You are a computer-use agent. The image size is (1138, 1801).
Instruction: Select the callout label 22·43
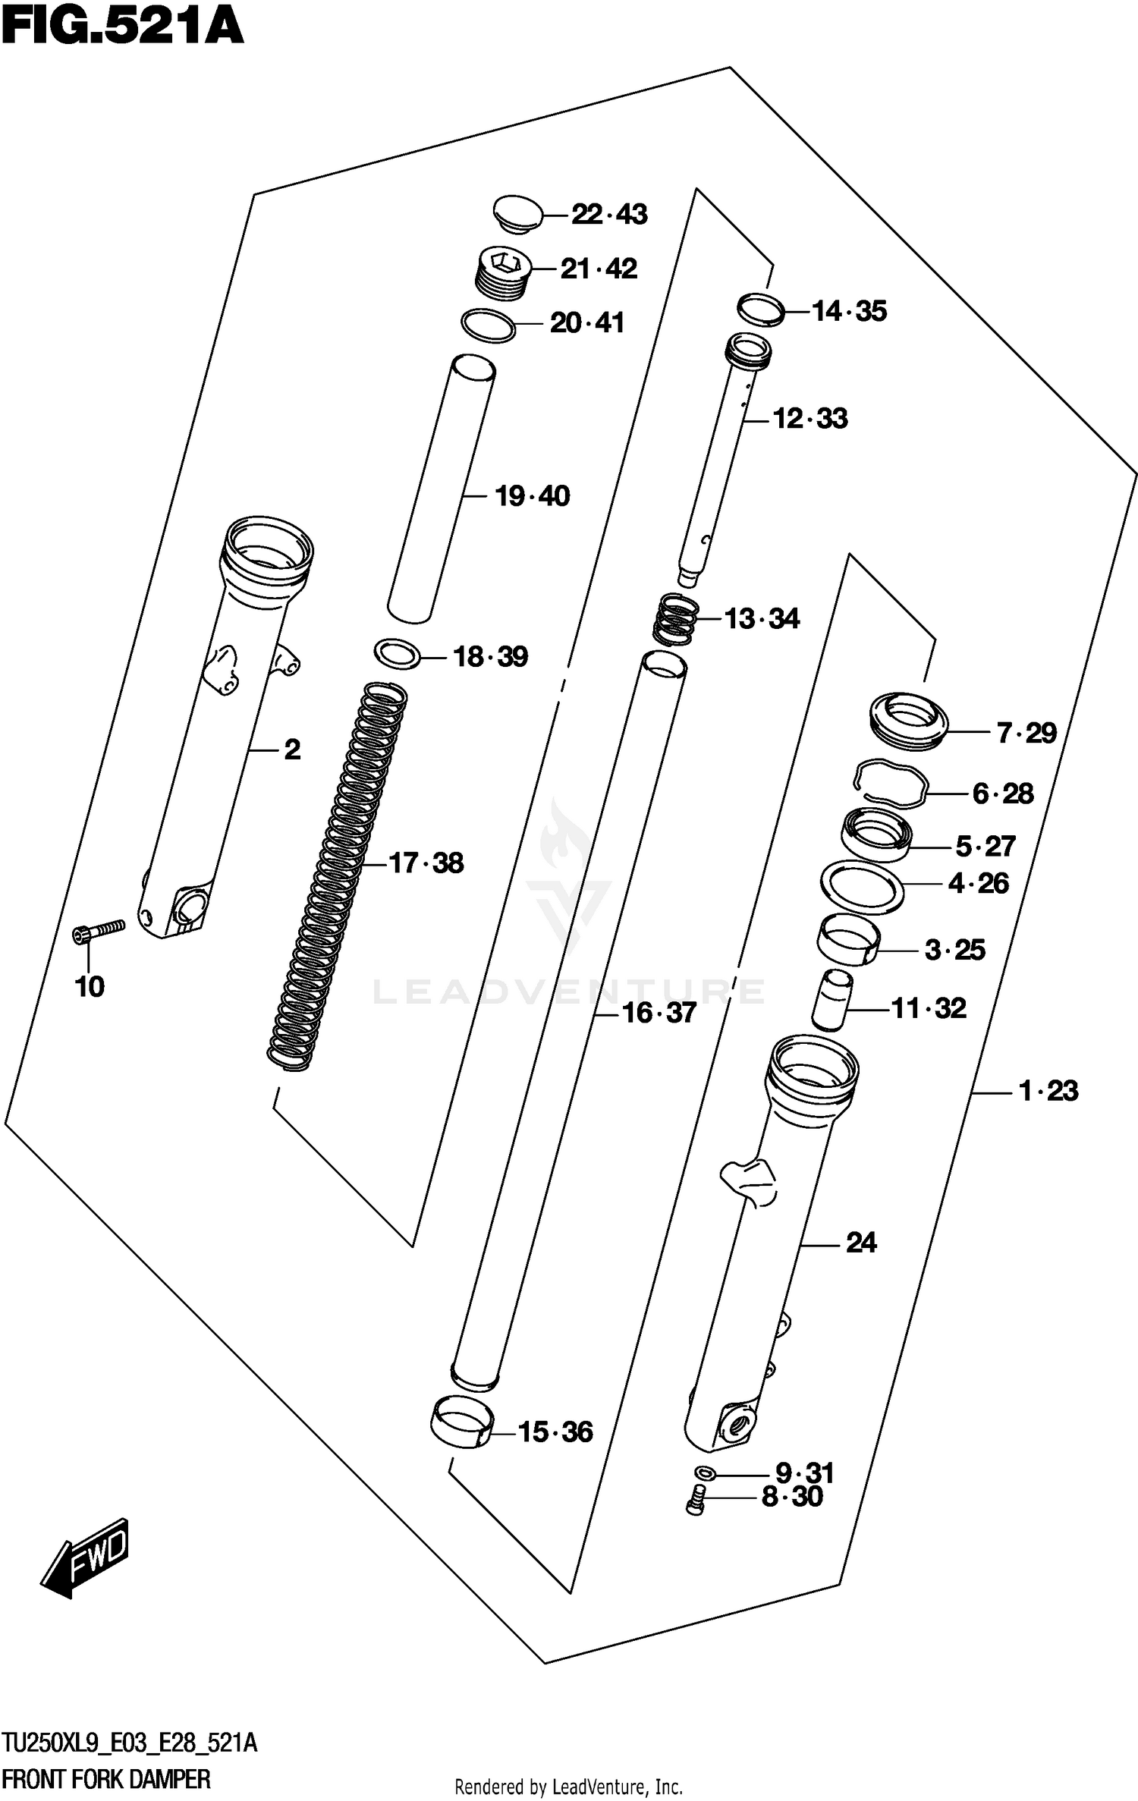609,215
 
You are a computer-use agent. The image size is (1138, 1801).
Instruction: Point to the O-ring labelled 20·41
489,325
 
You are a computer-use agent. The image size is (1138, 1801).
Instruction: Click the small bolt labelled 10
99,932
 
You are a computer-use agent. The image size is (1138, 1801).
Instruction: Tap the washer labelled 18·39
398,653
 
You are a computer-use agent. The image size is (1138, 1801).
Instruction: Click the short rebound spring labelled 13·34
676,618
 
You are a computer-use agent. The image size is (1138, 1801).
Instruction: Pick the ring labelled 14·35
761,310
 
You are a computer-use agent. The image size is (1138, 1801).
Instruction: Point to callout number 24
861,1243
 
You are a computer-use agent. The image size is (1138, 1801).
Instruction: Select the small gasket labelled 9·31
705,1473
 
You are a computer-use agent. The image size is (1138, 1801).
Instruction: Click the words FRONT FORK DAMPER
106,1778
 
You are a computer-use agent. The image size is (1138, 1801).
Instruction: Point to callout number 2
292,750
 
